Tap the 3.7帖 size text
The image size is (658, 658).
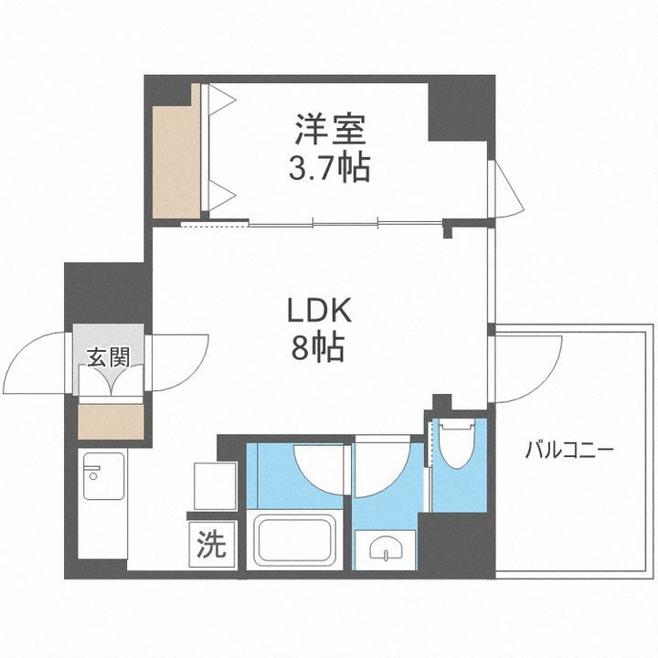[x=331, y=168]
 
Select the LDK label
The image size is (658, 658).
[x=319, y=313]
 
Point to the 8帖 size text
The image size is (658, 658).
[x=319, y=347]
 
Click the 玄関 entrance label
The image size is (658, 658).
[x=108, y=356]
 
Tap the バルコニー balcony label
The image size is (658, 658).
[x=568, y=450]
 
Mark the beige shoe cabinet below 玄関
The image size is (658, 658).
[x=111, y=420]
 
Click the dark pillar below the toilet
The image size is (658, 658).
[x=455, y=546]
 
